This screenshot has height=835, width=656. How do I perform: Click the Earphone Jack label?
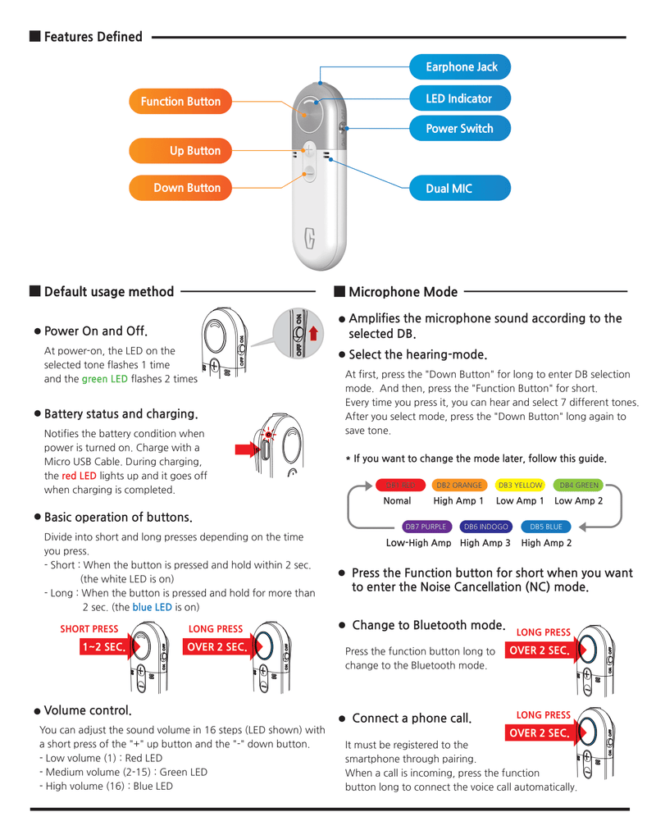[x=460, y=66]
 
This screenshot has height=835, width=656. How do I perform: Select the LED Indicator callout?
[x=459, y=98]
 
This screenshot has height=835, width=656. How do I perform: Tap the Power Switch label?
[x=459, y=129]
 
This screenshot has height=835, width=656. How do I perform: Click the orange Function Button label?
[x=180, y=102]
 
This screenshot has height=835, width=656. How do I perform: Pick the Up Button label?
[x=180, y=151]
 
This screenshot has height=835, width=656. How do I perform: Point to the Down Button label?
[x=180, y=188]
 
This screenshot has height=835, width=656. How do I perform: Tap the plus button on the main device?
[x=309, y=149]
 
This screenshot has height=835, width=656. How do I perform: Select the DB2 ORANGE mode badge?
[x=458, y=486]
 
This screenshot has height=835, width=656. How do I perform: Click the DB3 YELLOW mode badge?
[x=520, y=486]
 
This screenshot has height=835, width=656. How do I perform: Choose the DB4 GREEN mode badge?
[x=579, y=486]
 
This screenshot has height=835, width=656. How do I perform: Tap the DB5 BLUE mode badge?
[x=546, y=526]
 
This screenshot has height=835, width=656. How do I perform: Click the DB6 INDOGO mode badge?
[x=485, y=526]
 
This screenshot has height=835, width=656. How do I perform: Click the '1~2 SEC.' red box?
[x=103, y=646]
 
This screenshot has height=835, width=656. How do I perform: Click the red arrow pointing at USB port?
[x=247, y=450]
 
